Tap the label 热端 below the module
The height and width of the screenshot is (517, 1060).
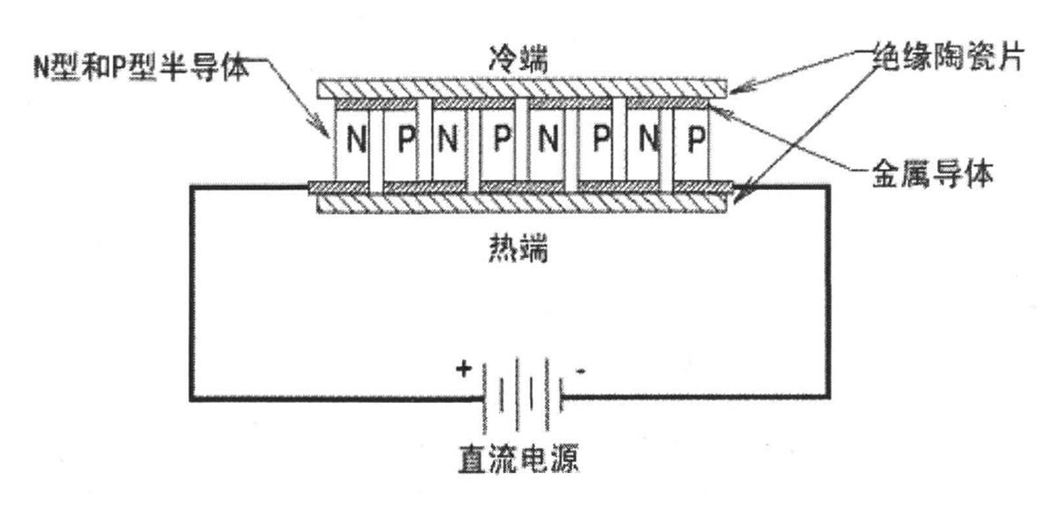pos(522,251)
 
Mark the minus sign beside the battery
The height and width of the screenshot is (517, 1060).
pos(580,371)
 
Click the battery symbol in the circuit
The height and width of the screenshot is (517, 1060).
pos(522,393)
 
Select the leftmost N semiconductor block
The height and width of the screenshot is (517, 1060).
pos(355,141)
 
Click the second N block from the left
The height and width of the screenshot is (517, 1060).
pos(448,141)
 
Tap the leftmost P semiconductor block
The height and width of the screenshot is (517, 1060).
pos(404,141)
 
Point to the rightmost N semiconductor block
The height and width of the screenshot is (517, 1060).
pos(647,141)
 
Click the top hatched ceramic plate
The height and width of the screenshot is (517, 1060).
pos(522,87)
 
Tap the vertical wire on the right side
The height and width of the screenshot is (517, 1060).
pos(829,292)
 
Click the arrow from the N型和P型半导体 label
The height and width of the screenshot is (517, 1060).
pos(291,97)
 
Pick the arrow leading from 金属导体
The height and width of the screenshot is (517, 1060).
pos(795,141)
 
